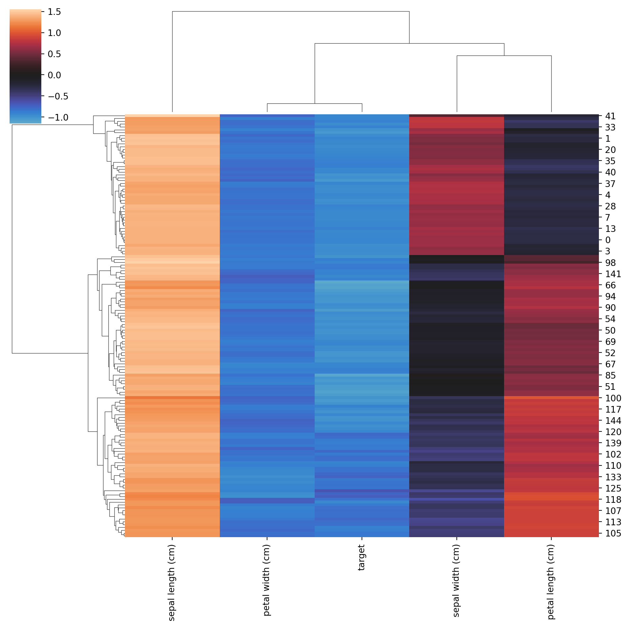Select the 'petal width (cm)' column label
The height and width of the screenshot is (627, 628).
(267, 580)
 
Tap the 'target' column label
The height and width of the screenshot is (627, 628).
(362, 557)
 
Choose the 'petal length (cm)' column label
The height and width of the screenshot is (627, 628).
(551, 581)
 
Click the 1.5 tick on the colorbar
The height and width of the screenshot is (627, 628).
(54, 12)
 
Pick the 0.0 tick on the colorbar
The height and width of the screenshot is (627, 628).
(54, 75)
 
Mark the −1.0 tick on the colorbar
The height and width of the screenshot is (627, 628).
(58, 118)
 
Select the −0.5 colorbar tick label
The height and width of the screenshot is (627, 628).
(58, 96)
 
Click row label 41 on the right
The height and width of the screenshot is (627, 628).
(610, 116)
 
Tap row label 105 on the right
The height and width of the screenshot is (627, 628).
(613, 533)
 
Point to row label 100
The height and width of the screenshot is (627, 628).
(613, 398)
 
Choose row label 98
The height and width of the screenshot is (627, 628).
(610, 263)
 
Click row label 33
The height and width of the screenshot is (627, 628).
(610, 128)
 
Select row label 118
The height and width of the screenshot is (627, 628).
(613, 499)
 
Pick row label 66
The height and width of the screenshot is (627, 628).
(610, 285)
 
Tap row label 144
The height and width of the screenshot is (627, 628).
(613, 421)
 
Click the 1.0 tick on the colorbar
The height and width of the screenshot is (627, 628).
(54, 33)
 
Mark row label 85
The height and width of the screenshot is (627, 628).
(610, 376)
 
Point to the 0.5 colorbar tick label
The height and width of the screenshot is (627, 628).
(54, 54)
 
